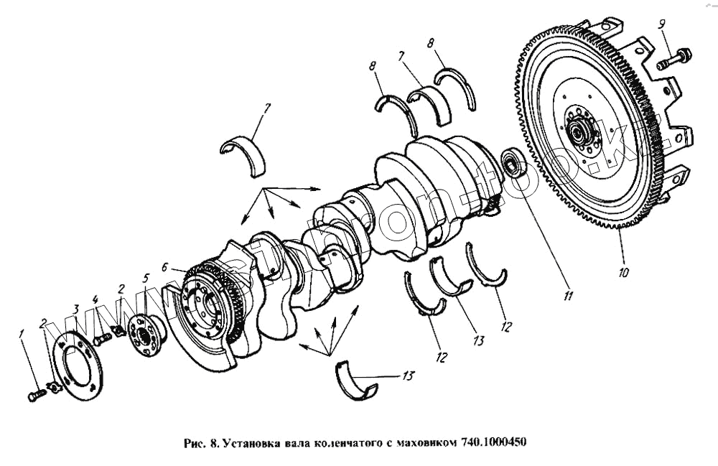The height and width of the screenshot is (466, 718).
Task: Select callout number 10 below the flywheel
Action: coord(623,273)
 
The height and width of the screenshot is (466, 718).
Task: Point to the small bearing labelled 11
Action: coord(513,163)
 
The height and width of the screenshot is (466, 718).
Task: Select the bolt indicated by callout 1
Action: coord(36,396)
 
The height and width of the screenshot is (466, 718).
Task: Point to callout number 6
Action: coord(165,266)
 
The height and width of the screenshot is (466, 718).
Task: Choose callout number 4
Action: coord(95,299)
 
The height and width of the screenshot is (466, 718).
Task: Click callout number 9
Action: coord(661,24)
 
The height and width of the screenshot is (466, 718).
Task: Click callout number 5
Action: coord(146,278)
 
